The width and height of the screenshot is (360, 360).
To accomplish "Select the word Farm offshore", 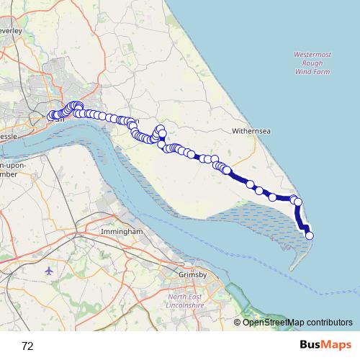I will pos(322,71).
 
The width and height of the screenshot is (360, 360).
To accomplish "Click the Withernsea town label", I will pos(251,132).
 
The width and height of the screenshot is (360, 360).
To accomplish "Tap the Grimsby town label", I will pos(192,274).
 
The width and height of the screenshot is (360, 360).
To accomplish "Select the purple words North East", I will pos(186,296).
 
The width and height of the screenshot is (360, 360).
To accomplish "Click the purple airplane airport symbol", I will pos(48,271).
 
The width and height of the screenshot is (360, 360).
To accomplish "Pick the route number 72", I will pos(27,346).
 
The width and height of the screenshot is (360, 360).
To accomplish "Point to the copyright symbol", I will pos(237,322).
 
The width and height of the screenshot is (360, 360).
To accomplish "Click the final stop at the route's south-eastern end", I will pos(310,235).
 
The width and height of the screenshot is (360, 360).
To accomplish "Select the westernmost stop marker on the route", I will pos(51,117).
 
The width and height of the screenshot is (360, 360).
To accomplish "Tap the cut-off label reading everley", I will pos(12,32).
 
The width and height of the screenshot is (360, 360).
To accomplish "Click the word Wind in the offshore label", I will pos(303,71).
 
